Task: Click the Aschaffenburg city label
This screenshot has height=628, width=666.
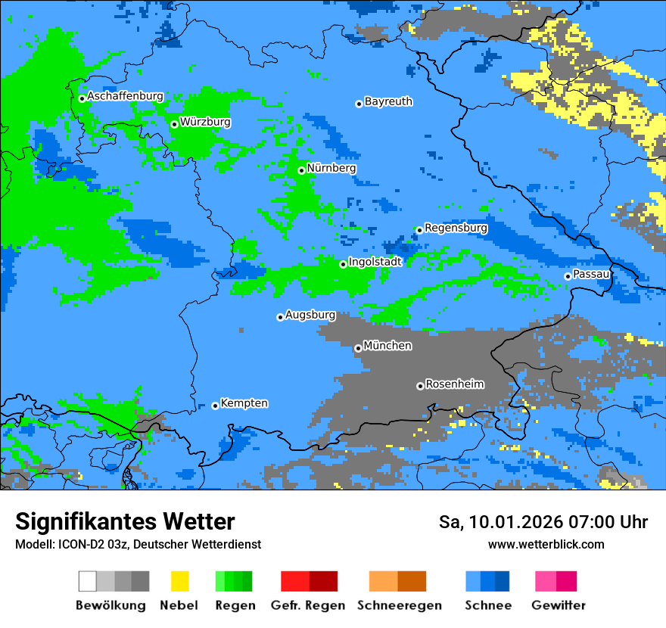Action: tap(125, 97)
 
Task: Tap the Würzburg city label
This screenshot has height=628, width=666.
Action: tap(205, 122)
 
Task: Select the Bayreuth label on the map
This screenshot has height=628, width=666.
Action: tap(388, 101)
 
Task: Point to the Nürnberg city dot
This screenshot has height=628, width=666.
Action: tap(301, 170)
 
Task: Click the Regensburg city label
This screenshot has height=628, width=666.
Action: tap(456, 228)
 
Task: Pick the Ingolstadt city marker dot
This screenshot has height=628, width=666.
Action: tap(343, 264)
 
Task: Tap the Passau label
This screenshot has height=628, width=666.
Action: tap(592, 274)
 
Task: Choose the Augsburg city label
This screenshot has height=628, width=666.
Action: tap(310, 315)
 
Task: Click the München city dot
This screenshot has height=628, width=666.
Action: tap(358, 348)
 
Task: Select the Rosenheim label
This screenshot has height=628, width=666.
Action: tap(454, 384)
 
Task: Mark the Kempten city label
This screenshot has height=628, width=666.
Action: tap(244, 403)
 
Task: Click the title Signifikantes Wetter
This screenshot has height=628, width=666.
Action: tap(125, 522)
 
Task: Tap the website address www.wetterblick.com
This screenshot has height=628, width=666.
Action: tap(546, 545)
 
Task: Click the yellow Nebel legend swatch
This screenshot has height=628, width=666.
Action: tap(179, 581)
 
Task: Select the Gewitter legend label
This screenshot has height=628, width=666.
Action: tap(558, 605)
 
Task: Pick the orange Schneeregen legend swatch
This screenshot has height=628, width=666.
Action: tap(383, 581)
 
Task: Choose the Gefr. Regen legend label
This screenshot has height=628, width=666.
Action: tap(308, 605)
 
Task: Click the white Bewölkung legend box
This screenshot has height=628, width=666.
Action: tap(88, 581)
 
